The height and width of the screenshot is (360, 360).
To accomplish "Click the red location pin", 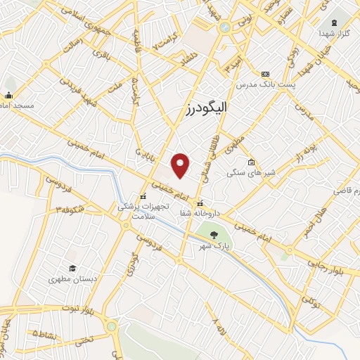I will pos(181,165).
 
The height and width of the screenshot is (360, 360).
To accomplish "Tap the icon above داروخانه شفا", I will pos(200,203).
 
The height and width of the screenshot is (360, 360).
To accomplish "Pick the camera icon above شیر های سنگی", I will pos(251,162).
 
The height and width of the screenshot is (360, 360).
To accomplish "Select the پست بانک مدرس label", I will pos(265,84).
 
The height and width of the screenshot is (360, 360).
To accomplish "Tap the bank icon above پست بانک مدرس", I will pos(265,74).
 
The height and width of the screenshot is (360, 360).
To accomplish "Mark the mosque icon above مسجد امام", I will pos(9,96).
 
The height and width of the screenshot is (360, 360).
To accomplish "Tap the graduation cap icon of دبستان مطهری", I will pos(72,268).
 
